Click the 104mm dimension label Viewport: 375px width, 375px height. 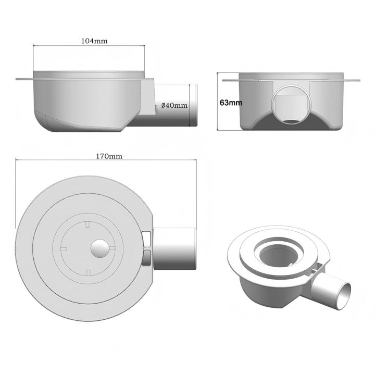pos(89,41)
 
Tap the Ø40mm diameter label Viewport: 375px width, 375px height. pos(173,105)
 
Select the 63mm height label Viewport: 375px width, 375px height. pos(230,103)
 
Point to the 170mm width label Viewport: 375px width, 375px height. pos(107,156)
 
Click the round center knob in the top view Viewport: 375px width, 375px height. pos(98,249)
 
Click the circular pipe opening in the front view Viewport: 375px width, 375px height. pos(291,105)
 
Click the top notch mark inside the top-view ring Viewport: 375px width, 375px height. pos(85,224)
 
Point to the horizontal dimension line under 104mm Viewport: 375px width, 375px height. pos(89,47)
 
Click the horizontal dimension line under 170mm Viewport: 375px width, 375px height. pos(107,161)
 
